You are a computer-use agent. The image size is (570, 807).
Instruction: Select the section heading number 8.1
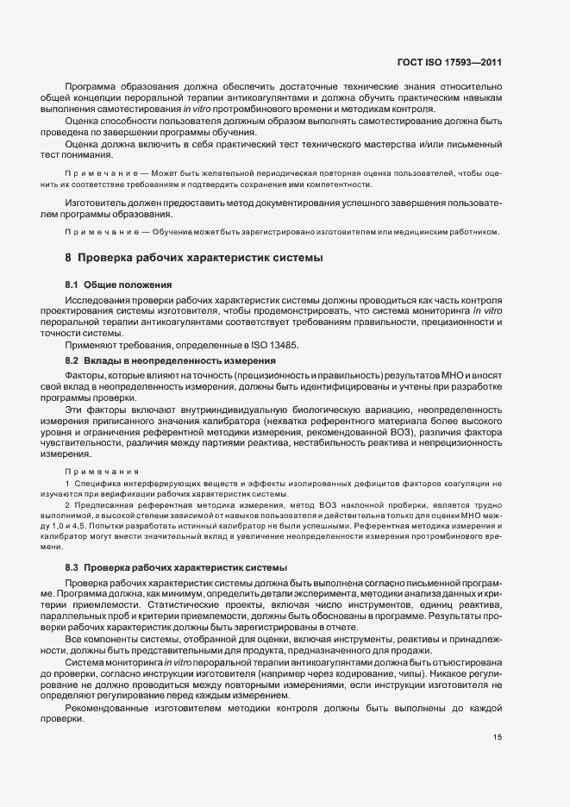tap(73, 285)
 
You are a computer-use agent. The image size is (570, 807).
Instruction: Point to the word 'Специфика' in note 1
tap(97, 488)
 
